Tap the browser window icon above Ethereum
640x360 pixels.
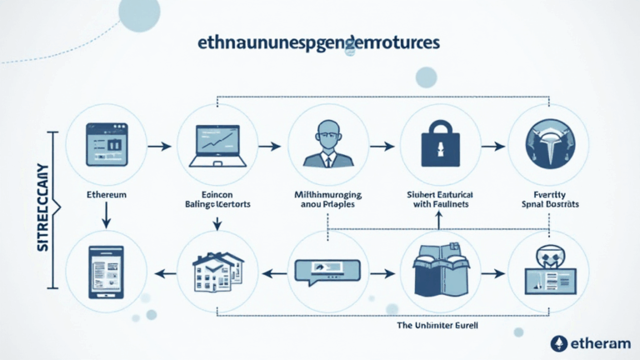tap(106, 144)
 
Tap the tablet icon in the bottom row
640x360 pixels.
tap(106, 272)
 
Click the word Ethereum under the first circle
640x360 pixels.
tap(107, 194)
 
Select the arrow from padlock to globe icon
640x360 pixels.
tap(493, 146)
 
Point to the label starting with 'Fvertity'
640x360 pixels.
tap(548, 198)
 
